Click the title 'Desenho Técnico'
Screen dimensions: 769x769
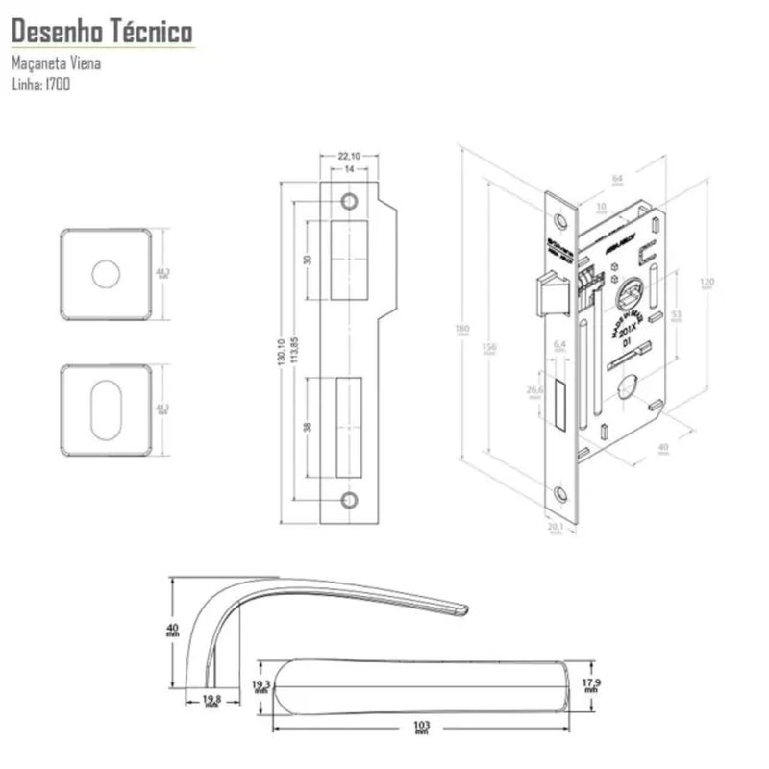[101, 33]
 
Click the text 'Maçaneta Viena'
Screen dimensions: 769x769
[57, 64]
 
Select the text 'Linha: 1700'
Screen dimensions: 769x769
[40, 84]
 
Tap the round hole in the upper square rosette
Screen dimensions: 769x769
[106, 274]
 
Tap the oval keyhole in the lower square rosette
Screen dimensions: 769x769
[106, 409]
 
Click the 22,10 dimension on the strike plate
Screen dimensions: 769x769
[349, 156]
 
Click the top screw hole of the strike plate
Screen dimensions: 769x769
[349, 201]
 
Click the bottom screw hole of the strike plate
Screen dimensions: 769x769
[349, 499]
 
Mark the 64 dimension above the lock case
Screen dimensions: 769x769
[618, 178]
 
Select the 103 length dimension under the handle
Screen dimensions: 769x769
[421, 725]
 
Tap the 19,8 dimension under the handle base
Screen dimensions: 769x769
[211, 701]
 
